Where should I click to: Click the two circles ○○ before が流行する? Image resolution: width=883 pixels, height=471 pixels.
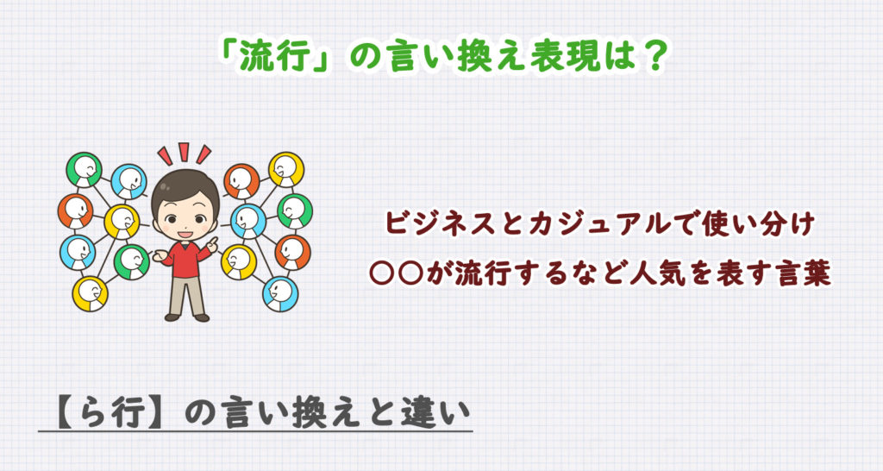pos(397,274)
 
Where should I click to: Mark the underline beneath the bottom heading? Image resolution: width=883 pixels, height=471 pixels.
pos(255,432)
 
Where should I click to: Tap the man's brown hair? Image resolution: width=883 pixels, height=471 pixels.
pos(185,186)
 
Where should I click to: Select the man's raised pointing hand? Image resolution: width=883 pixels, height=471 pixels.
pos(212,244)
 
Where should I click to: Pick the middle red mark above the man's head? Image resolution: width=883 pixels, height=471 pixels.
pos(184,152)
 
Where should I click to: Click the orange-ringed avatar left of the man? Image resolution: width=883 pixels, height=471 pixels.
pos(76,210)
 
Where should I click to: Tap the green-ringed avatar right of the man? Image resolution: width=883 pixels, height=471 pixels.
pos(295,210)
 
